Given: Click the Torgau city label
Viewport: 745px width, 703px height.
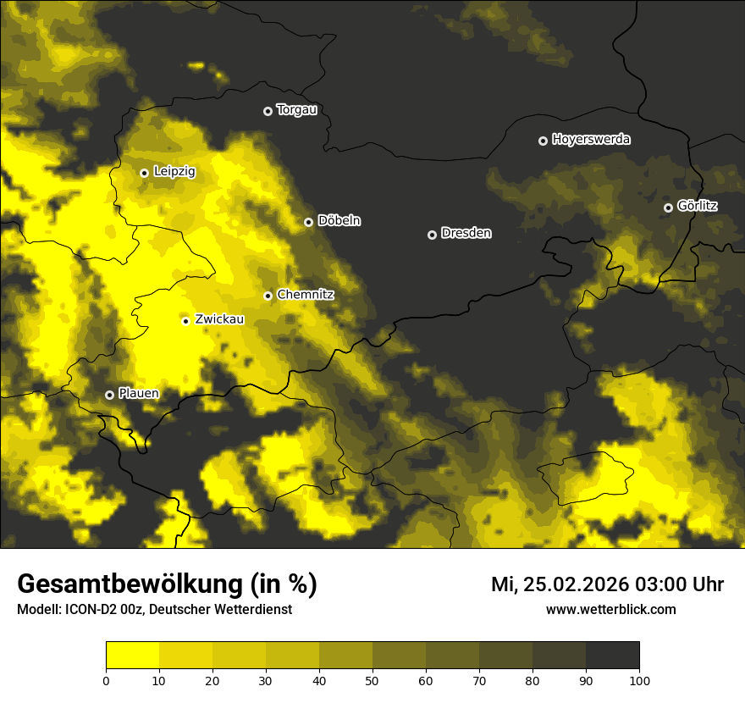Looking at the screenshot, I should (x=296, y=110).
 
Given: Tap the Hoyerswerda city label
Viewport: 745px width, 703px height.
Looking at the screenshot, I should (x=591, y=140).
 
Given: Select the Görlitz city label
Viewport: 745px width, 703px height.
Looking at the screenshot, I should (x=697, y=206).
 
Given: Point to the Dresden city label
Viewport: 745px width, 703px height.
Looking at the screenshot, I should (x=466, y=234).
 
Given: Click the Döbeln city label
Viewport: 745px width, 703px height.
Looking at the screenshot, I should (x=339, y=221).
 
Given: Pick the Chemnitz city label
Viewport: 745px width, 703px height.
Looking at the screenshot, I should (x=305, y=295).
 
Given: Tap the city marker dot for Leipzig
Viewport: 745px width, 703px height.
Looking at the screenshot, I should (x=144, y=173).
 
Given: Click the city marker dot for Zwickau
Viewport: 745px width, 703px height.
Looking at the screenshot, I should (x=185, y=320).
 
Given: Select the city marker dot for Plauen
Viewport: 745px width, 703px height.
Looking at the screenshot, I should (x=109, y=395).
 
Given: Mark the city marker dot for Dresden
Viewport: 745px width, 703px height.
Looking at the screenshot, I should (x=432, y=235).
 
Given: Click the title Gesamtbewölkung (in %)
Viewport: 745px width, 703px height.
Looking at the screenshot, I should (x=167, y=584).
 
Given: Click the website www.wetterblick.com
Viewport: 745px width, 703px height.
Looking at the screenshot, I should (x=610, y=610).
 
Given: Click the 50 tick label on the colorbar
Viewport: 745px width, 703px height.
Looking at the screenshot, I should (x=372, y=680).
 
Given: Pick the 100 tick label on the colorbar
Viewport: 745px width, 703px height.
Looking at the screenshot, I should (x=638, y=680).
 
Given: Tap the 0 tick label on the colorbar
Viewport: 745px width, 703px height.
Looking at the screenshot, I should (x=106, y=680).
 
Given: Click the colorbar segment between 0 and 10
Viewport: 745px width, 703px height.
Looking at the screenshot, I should (x=132, y=656).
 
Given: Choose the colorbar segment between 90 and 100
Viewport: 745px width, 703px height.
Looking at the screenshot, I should (x=612, y=656).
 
